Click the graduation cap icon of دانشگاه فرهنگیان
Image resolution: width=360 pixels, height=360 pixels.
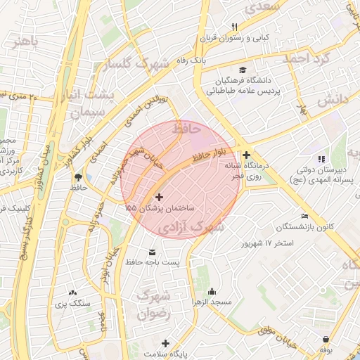[x=243, y=70]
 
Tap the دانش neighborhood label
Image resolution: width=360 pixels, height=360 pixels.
[x=333, y=101]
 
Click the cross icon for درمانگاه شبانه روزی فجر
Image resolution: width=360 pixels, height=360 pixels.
[x=246, y=155]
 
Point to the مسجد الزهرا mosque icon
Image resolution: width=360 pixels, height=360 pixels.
[x=212, y=291]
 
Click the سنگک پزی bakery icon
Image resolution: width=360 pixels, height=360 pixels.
[x=75, y=291]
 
